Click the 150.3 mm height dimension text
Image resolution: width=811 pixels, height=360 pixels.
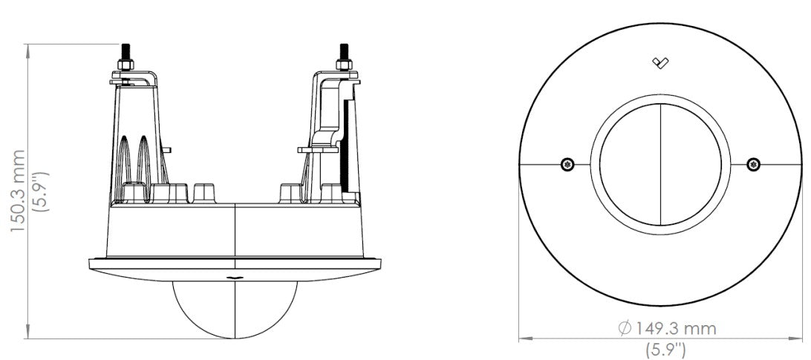click(x=17, y=190)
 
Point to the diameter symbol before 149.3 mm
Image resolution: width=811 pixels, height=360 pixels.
click(x=624, y=328)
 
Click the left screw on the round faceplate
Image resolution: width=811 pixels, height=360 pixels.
click(x=567, y=163)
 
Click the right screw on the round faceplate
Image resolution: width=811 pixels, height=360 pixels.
click(x=753, y=163)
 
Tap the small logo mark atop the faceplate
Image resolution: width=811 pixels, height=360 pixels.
click(x=659, y=63)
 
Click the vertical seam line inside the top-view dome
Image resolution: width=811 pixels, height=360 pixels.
click(x=660, y=163)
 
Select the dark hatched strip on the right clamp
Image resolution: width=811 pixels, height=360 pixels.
click(x=346, y=145)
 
